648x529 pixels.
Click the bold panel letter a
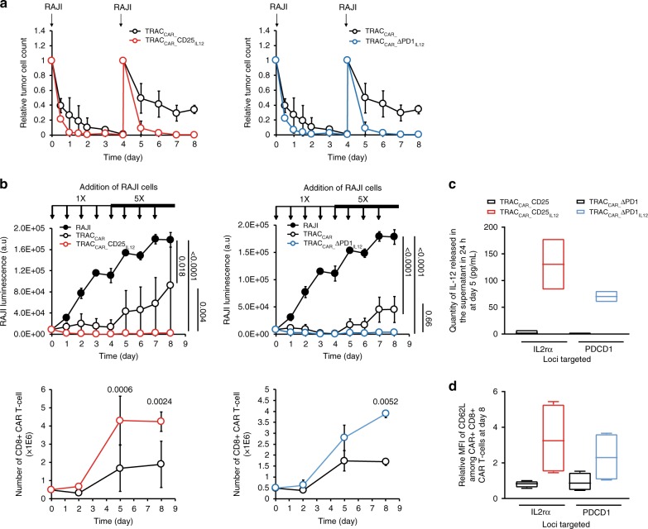[6, 7]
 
